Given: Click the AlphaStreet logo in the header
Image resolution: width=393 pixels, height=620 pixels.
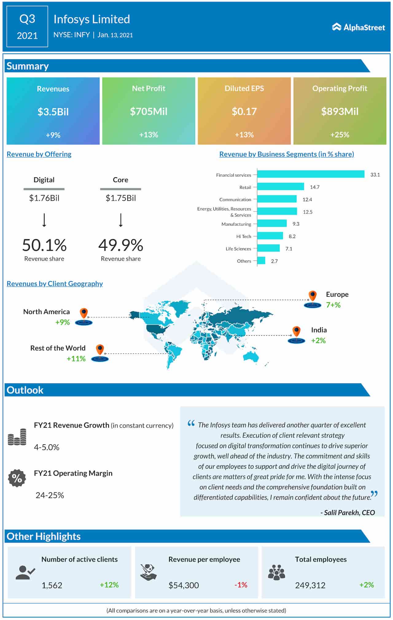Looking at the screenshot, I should pos(358,27).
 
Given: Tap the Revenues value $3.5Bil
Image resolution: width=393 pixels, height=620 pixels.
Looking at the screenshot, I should pos(53,112).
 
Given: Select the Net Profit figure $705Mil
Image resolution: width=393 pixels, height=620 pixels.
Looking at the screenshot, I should pos(149,111).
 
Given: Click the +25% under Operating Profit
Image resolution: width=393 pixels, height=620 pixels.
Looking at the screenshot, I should pos(340,135).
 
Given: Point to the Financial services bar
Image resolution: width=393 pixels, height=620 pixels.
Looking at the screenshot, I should pos(310,174).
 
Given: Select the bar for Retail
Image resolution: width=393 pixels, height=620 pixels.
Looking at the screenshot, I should pos(280,187).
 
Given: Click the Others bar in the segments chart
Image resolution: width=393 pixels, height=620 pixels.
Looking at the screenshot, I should pos(261,261).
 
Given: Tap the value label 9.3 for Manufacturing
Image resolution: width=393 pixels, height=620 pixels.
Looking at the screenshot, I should pos(296,224).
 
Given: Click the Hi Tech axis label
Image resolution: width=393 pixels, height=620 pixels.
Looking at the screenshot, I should pos(243,237).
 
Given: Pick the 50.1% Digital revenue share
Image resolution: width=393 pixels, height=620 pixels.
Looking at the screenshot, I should pos(44,245).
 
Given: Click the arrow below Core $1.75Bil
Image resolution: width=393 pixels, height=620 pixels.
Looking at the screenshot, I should pos(121,220).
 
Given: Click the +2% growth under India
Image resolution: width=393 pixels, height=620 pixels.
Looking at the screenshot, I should pos(318,341).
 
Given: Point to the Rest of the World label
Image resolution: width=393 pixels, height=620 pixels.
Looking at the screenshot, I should pos(58,348).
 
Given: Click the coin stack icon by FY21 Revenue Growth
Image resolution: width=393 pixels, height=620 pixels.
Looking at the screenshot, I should pos(17,437).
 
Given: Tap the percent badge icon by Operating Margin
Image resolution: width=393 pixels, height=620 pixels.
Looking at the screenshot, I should pos(17,478).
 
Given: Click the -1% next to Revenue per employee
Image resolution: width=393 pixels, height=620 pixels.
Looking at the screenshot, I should pos(241,585).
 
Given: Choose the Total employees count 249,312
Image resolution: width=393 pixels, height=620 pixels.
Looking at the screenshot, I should pos(310,585).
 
